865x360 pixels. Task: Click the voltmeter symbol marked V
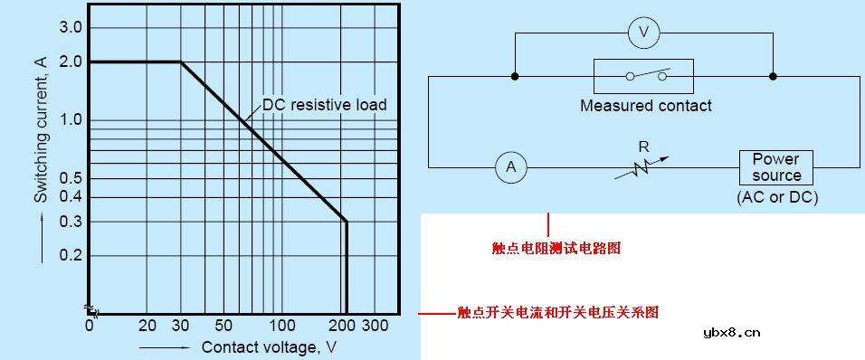[644, 33]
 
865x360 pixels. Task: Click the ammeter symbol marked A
[511, 167]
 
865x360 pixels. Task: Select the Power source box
[775, 167]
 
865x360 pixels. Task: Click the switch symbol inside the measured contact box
[643, 76]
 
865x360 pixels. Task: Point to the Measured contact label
[645, 106]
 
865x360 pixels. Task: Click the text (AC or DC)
[777, 197]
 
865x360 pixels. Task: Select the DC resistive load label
[325, 105]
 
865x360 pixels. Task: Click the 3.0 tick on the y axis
[71, 28]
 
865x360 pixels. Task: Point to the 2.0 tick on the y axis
[71, 62]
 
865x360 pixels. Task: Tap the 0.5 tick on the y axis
[71, 178]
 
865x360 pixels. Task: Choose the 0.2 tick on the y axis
[71, 256]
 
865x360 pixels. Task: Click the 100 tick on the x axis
[282, 326]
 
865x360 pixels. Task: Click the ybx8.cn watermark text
[731, 333]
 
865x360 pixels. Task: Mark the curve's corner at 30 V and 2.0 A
[181, 62]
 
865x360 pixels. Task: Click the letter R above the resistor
[643, 145]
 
